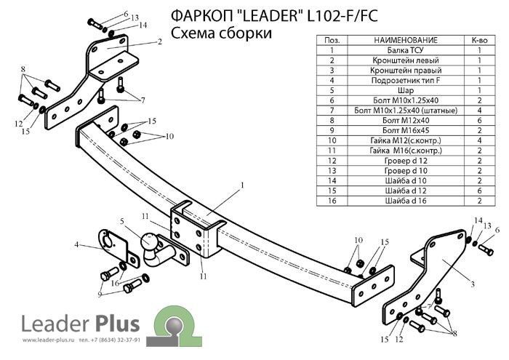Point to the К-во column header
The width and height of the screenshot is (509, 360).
[480, 40]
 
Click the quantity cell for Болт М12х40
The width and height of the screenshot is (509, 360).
[480, 119]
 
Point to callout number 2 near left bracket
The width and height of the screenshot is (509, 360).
[159, 41]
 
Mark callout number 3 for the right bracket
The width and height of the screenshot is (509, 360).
[473, 284]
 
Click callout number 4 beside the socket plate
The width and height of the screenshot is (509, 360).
[77, 245]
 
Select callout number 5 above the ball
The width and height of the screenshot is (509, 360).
[123, 220]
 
